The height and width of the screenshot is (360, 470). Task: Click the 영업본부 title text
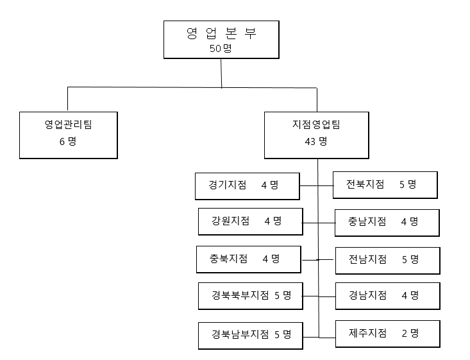(x=221, y=35)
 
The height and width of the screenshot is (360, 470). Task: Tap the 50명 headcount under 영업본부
(x=221, y=49)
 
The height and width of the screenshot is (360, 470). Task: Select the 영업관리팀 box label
(x=68, y=124)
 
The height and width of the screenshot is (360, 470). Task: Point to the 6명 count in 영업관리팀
(x=68, y=141)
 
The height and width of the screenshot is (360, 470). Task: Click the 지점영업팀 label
(x=316, y=124)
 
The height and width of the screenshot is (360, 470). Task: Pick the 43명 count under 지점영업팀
(x=316, y=141)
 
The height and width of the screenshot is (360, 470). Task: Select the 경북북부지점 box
(x=250, y=296)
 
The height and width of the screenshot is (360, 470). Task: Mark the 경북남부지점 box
(x=250, y=334)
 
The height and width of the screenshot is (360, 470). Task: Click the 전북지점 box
(x=385, y=185)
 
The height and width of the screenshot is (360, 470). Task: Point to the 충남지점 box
(x=387, y=221)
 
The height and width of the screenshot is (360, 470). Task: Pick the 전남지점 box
(x=387, y=259)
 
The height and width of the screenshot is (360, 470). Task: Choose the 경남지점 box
(x=387, y=295)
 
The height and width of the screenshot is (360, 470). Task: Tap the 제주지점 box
(x=387, y=333)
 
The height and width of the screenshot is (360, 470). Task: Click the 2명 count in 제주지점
(x=409, y=333)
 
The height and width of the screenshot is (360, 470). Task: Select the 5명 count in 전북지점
(x=407, y=185)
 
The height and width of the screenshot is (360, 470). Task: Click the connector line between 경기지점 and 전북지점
(x=317, y=185)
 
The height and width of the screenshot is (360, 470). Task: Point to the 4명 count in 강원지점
(x=273, y=221)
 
